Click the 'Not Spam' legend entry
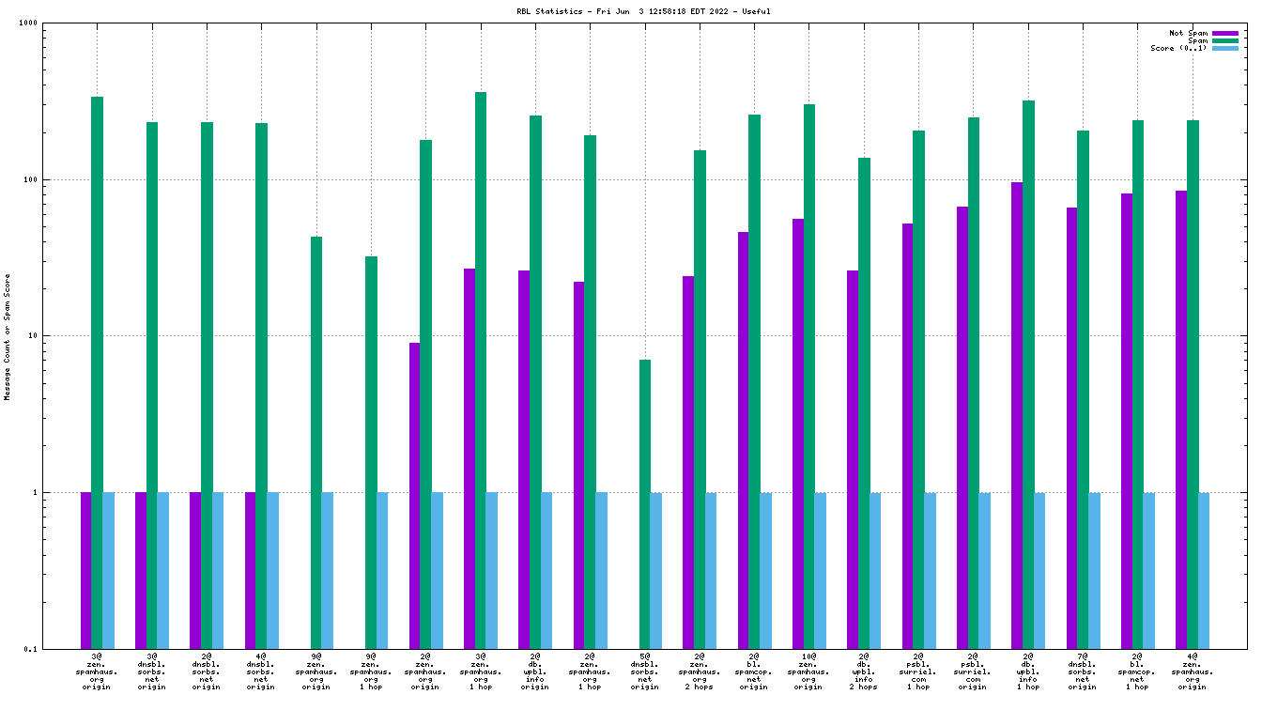point(1188,33)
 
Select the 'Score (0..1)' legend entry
point(1178,48)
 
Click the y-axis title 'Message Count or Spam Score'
point(8,336)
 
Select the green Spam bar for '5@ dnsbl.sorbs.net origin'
point(645,503)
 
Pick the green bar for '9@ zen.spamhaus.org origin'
point(316,442)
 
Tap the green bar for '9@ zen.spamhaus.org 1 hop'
point(371,452)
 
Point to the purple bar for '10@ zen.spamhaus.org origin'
point(798,433)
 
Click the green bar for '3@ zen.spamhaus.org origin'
point(97,372)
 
